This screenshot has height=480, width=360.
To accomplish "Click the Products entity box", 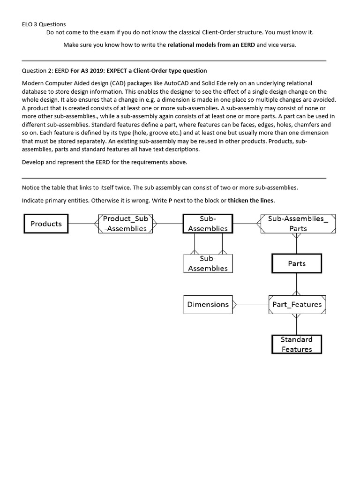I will (46, 224).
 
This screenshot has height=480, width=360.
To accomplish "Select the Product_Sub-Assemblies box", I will (125, 224).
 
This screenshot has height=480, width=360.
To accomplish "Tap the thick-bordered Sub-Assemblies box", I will (207, 224).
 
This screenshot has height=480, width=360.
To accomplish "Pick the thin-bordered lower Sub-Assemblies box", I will (207, 263).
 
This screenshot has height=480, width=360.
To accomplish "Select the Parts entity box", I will (297, 263).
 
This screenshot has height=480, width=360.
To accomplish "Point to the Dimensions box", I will (208, 304).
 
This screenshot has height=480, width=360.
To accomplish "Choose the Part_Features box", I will (297, 304).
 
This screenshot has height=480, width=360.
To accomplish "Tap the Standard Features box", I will (297, 344).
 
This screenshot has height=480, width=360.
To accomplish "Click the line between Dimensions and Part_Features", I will (251, 305).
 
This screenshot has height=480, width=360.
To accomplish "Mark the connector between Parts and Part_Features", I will (296, 284).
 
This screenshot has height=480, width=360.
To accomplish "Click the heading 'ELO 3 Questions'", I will (44, 24).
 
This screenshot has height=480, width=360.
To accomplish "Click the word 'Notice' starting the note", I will (31, 187).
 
